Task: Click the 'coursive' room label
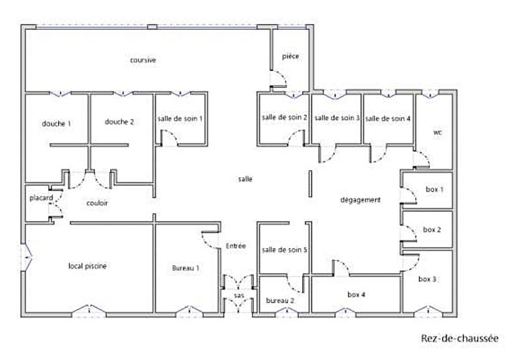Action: tap(143, 60)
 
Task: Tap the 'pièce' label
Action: tap(290, 57)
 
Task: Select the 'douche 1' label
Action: tap(56, 123)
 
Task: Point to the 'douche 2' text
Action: tap(119, 122)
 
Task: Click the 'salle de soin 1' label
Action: tap(180, 119)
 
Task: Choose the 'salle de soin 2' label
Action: tap(285, 117)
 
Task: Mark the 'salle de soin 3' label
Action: tap(337, 118)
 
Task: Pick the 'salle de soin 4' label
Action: tap(387, 119)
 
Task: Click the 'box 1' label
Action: tap(434, 190)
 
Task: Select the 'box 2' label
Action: tap(432, 229)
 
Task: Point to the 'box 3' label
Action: tap(427, 279)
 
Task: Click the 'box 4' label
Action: tap(356, 295)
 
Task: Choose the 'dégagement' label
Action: tap(360, 200)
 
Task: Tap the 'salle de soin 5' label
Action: tap(285, 250)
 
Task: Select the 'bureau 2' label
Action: tap(280, 300)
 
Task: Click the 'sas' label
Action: tap(239, 296)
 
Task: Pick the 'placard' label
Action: tap(40, 198)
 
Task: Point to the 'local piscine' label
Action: tap(88, 266)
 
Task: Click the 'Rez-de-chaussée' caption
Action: tap(459, 338)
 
